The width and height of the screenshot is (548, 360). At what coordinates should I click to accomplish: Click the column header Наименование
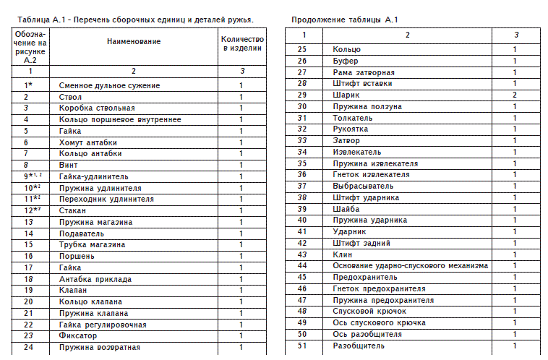click(x=134, y=42)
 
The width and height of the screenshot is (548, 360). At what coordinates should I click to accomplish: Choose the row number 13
click(x=30, y=222)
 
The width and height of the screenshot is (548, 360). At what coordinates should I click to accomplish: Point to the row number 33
click(x=303, y=140)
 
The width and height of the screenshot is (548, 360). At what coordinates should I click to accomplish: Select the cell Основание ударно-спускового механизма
click(x=410, y=265)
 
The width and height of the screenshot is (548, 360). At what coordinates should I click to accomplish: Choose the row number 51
click(x=303, y=346)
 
